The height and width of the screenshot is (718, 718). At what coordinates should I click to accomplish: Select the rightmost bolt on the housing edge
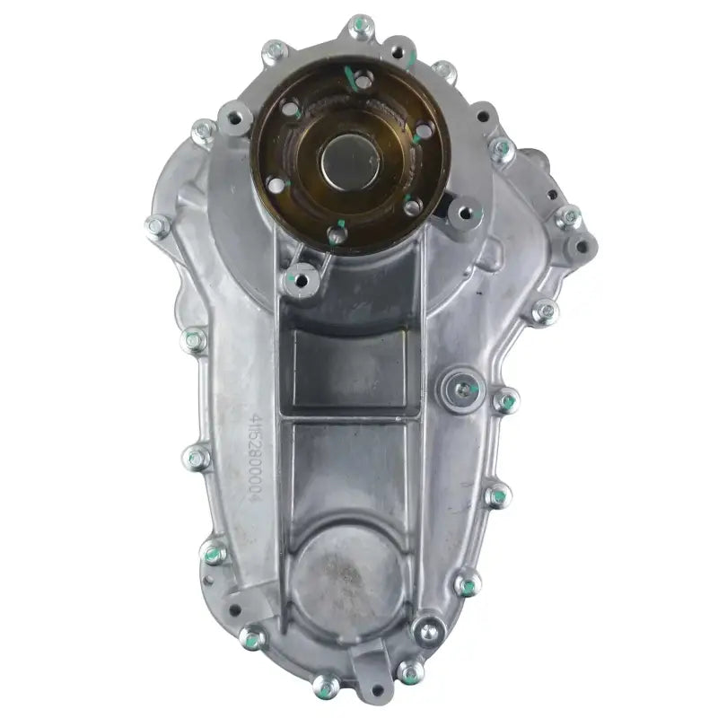(567, 217)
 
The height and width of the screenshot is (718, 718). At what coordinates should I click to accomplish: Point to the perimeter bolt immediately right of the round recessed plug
(505, 400)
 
